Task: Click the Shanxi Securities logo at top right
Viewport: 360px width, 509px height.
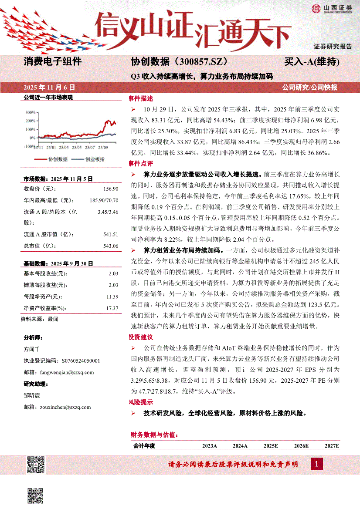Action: (331, 8)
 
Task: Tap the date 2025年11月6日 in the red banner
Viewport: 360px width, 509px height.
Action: (49, 87)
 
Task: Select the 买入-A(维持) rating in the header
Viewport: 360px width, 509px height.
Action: (312, 62)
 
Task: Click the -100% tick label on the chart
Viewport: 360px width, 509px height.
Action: (29, 147)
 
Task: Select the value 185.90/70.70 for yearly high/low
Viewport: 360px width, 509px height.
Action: (103, 200)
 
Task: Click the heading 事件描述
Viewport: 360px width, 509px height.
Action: (141, 98)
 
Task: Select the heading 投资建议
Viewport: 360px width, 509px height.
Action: (141, 337)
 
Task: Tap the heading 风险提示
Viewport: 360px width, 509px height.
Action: (141, 402)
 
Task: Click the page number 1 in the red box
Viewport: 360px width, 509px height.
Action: (317, 465)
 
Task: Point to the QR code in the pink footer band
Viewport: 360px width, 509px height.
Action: (36, 465)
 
